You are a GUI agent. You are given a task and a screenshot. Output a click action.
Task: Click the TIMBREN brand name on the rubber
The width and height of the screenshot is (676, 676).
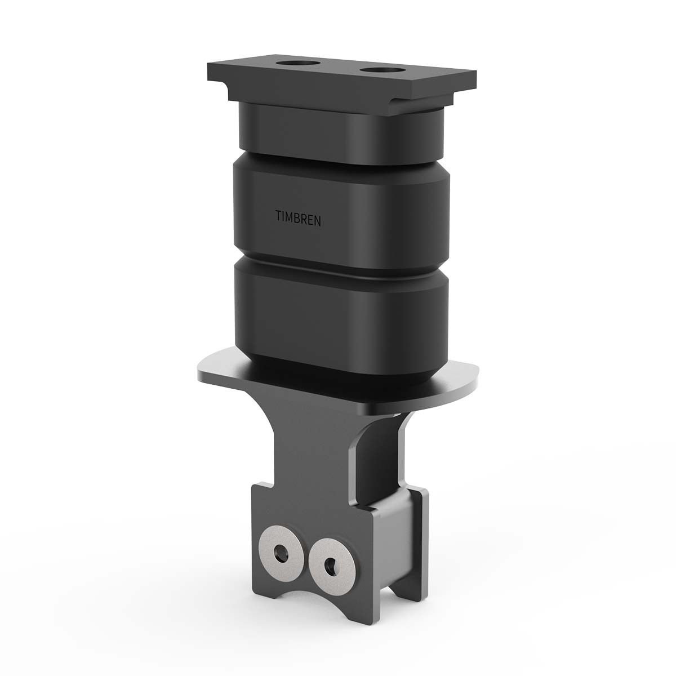(x=299, y=217)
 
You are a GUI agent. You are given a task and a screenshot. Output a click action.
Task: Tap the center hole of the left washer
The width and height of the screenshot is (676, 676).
(x=278, y=554)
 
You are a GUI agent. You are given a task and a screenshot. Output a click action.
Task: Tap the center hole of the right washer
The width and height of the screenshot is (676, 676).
(x=329, y=563)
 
